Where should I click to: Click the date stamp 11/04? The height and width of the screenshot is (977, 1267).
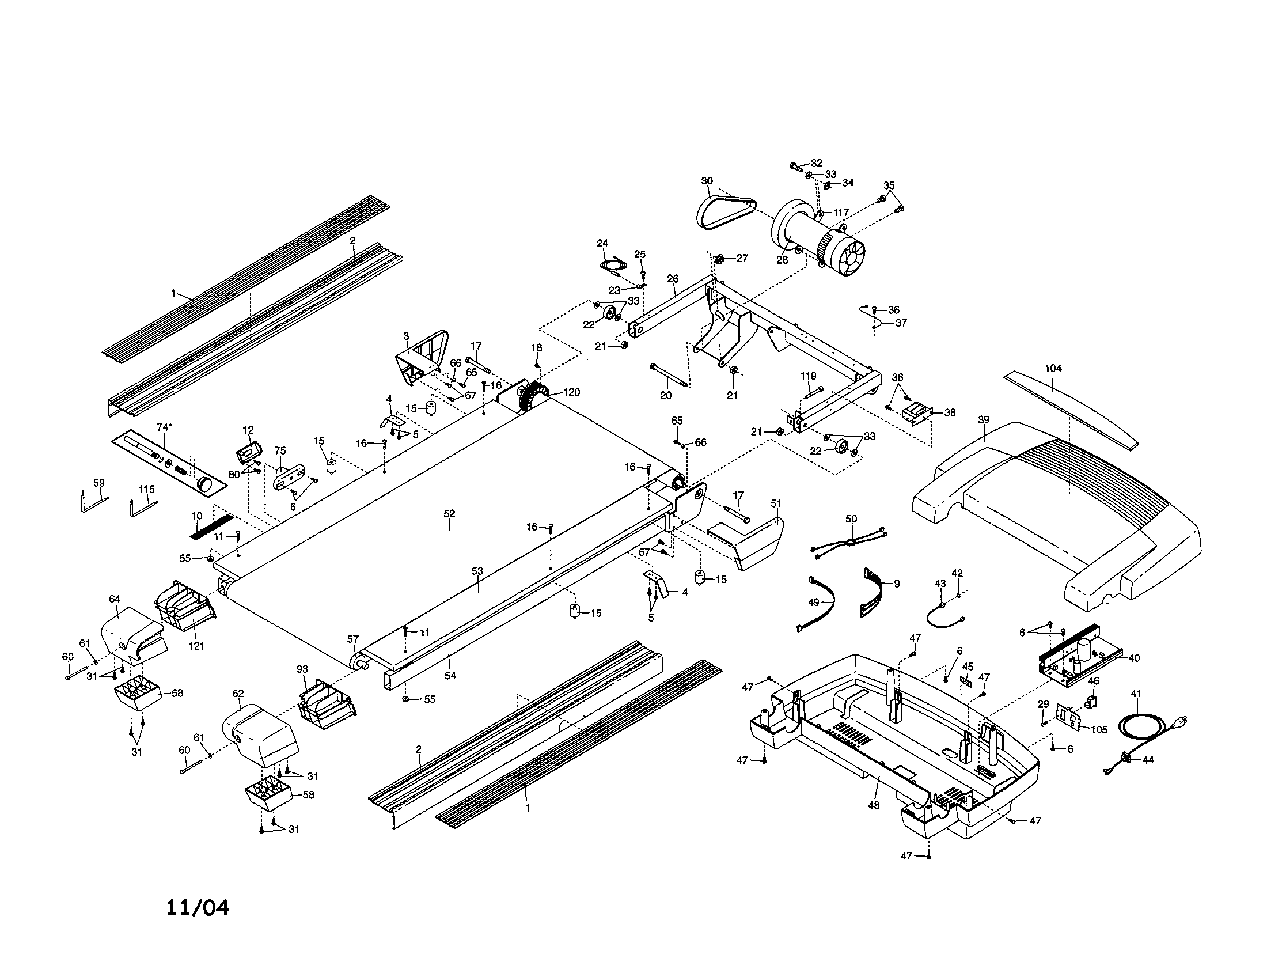click(x=197, y=907)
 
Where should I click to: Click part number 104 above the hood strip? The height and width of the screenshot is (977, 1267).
click(x=1053, y=368)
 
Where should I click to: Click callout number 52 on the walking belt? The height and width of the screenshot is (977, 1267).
click(x=449, y=513)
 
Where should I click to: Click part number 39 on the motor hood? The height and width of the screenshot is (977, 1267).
click(x=983, y=419)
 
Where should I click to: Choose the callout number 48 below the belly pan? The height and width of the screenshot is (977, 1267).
click(x=874, y=805)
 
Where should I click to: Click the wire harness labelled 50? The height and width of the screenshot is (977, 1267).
click(x=851, y=543)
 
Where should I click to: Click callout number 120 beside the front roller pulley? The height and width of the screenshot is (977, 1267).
click(x=571, y=392)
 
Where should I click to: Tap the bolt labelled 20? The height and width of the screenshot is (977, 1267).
click(x=670, y=376)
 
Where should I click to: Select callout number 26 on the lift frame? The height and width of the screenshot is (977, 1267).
click(x=672, y=278)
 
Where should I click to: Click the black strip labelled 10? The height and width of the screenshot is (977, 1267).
click(x=212, y=524)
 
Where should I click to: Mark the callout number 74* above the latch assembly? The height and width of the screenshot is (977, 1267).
click(x=164, y=427)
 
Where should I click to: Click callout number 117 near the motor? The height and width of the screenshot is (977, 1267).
click(x=841, y=213)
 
